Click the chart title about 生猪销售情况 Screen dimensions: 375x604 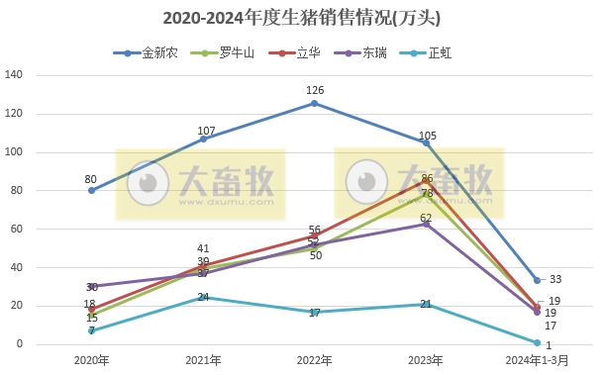click(301, 18)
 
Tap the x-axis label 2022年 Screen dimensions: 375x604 click(315, 359)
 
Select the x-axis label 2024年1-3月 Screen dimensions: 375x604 click(538, 359)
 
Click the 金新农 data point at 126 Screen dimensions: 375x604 click(315, 103)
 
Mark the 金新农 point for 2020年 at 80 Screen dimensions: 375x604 click(91, 190)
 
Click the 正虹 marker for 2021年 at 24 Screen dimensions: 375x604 click(203, 298)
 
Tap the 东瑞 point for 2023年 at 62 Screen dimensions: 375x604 click(427, 225)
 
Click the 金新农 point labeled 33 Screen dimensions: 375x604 click(538, 280)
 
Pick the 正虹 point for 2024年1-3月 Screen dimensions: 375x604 click(538, 342)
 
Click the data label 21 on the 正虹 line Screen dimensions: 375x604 click(426, 304)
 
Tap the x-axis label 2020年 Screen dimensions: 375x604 click(91, 359)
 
